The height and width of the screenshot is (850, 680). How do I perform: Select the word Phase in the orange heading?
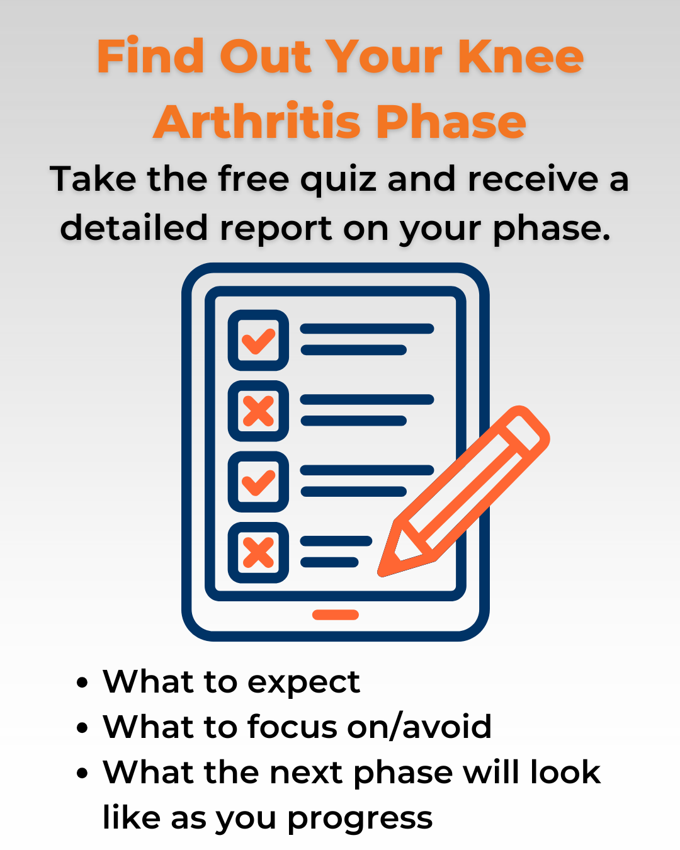click(x=451, y=122)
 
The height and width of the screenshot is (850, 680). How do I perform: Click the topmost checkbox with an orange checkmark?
click(x=258, y=340)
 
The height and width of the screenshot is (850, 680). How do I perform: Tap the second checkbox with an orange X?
click(x=258, y=411)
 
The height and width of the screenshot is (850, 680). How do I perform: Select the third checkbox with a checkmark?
click(x=258, y=482)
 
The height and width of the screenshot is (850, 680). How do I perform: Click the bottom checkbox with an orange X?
click(x=258, y=553)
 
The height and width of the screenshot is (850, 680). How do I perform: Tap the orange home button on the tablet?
click(x=336, y=615)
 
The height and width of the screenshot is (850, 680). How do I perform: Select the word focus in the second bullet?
click(x=293, y=727)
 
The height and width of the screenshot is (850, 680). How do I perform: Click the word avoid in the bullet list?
click(x=446, y=727)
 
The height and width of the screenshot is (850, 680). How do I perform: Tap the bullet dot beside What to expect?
click(x=82, y=683)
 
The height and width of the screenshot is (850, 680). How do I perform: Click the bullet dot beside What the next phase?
click(x=82, y=773)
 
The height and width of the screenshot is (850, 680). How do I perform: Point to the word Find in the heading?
click(x=150, y=57)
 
